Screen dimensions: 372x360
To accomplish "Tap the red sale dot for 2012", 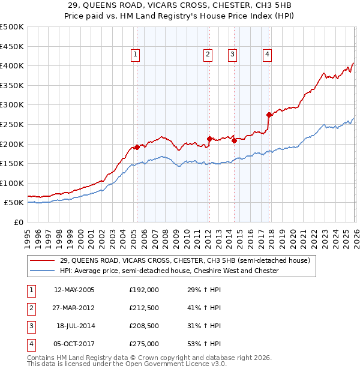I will [209, 139].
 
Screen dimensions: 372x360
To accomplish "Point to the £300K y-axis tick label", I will [12, 105].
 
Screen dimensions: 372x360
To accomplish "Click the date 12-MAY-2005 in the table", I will [74, 290].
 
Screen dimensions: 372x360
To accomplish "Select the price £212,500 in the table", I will [144, 308].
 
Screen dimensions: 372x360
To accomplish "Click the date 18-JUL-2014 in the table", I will [76, 326].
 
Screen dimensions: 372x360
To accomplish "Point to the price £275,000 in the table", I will [144, 344].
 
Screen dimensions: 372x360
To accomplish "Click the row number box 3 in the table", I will [31, 326].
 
